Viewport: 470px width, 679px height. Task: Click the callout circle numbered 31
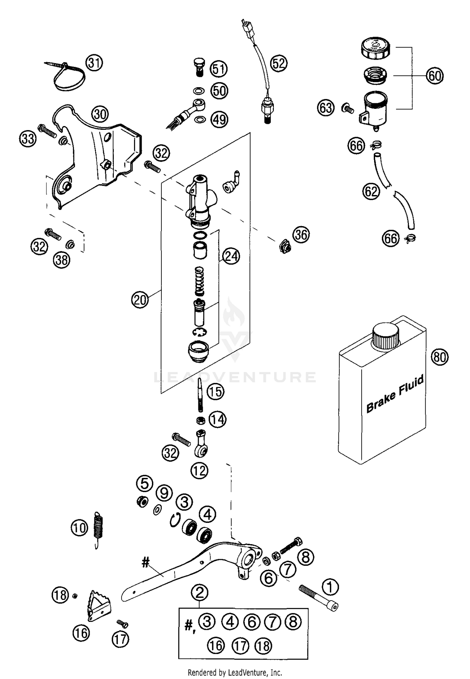(x=94, y=63)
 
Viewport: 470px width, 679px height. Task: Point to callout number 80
(x=440, y=357)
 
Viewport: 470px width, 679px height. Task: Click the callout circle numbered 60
(x=435, y=76)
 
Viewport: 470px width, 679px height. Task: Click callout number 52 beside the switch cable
(x=279, y=63)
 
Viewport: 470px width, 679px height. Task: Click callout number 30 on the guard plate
(x=100, y=114)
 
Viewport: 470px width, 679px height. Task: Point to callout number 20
(x=140, y=300)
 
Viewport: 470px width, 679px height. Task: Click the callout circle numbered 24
(x=231, y=256)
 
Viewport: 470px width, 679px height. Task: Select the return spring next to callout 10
(x=99, y=528)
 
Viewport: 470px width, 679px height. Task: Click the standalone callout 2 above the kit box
(x=200, y=592)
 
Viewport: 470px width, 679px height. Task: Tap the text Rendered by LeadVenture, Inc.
(x=235, y=672)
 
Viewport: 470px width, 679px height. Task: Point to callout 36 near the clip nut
(x=301, y=235)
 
